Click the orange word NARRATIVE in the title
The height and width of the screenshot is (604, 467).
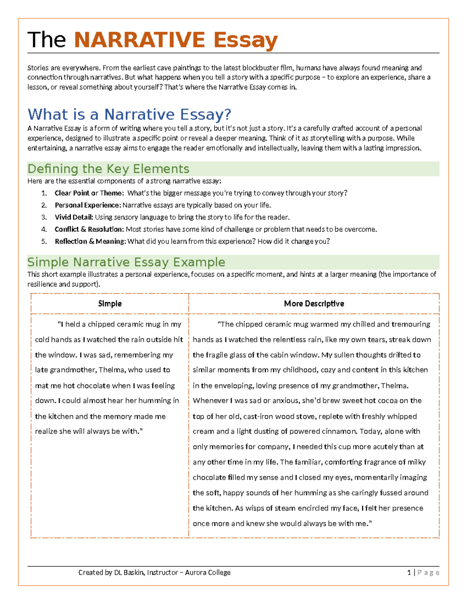point(139,40)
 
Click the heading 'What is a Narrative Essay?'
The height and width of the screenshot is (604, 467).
point(129,114)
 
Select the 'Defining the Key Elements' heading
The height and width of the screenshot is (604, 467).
point(108,169)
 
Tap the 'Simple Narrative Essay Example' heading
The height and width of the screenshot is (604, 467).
point(126,262)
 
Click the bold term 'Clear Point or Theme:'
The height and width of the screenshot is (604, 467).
point(89,193)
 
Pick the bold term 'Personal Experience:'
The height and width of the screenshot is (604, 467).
point(88,205)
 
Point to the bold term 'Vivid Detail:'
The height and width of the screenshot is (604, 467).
point(74,217)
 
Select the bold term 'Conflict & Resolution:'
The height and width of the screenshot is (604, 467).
point(89,229)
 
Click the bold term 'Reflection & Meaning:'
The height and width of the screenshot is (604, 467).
point(90,242)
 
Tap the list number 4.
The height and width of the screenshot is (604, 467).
point(44,229)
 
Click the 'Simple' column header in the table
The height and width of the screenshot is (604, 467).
point(110,304)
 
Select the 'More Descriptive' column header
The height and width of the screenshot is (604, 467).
point(314,304)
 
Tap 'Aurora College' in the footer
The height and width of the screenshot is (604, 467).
point(207,572)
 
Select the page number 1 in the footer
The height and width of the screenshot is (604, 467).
point(409,572)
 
